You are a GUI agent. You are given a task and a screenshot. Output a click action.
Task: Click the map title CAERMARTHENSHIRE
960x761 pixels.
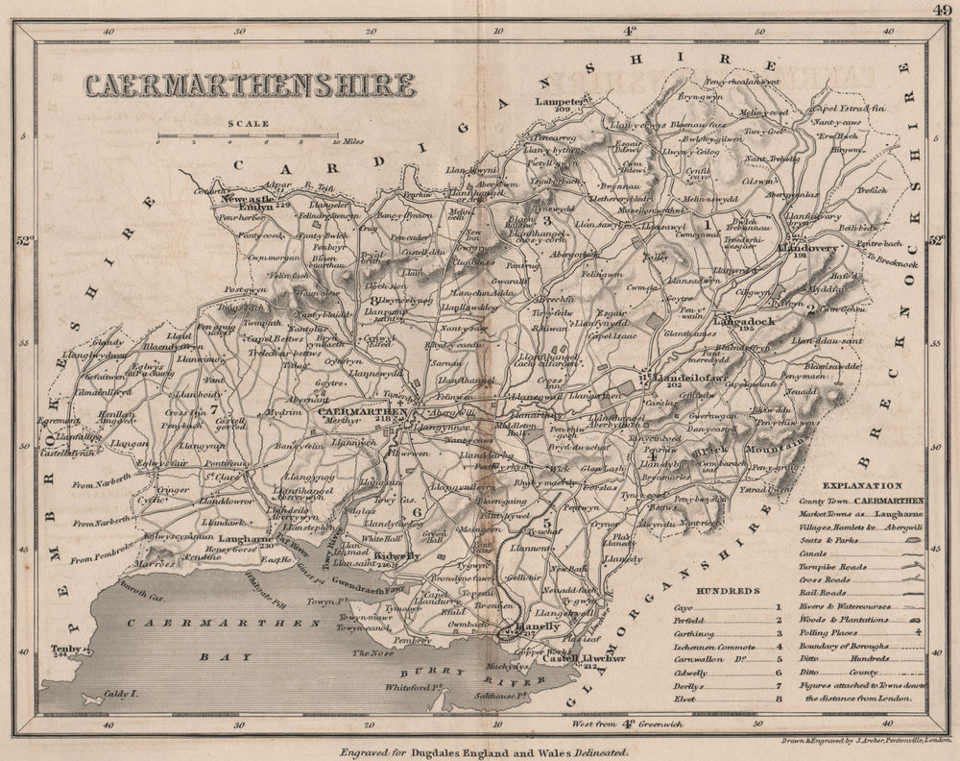tap(250, 86)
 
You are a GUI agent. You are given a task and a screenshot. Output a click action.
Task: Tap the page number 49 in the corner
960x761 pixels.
tap(941, 12)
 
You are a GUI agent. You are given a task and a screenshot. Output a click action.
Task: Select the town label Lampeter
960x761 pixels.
tap(561, 102)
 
